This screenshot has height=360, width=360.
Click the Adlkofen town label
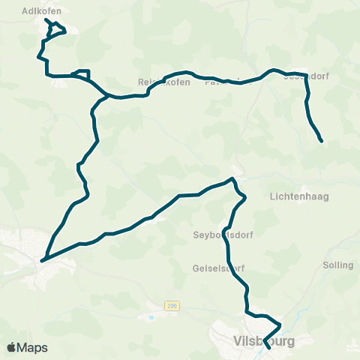click(41, 11)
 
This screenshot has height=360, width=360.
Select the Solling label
click(337, 265)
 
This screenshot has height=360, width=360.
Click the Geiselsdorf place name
click(218, 268)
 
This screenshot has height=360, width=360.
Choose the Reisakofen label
click(158, 82)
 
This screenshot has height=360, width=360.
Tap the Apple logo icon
click(12, 347)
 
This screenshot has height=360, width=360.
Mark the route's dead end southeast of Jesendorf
click(321, 140)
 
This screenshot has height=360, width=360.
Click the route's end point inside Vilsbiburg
click(268, 347)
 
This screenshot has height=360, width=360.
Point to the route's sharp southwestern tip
click(42, 260)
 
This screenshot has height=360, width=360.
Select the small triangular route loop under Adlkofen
click(55, 28)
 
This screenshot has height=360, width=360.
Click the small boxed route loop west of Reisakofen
click(82, 73)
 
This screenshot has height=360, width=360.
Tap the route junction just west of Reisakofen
click(109, 95)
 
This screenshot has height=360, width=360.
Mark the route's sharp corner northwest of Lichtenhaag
click(234, 179)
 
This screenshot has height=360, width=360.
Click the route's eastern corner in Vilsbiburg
click(280, 325)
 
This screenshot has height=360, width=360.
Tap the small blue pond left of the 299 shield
click(152, 316)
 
